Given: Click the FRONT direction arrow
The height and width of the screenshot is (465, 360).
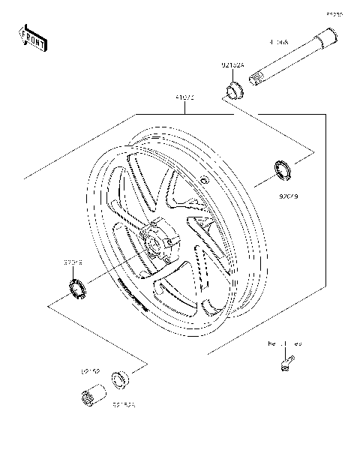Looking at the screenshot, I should [33, 39].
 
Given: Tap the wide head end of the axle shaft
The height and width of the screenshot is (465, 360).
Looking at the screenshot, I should [326, 35].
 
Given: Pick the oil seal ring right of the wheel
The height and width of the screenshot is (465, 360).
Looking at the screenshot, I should [283, 170].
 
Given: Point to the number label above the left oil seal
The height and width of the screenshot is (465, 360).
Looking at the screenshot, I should [73, 263].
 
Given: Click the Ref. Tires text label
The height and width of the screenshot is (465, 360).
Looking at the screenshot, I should [285, 344].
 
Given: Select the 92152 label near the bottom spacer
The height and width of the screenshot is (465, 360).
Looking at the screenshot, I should [90, 371].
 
